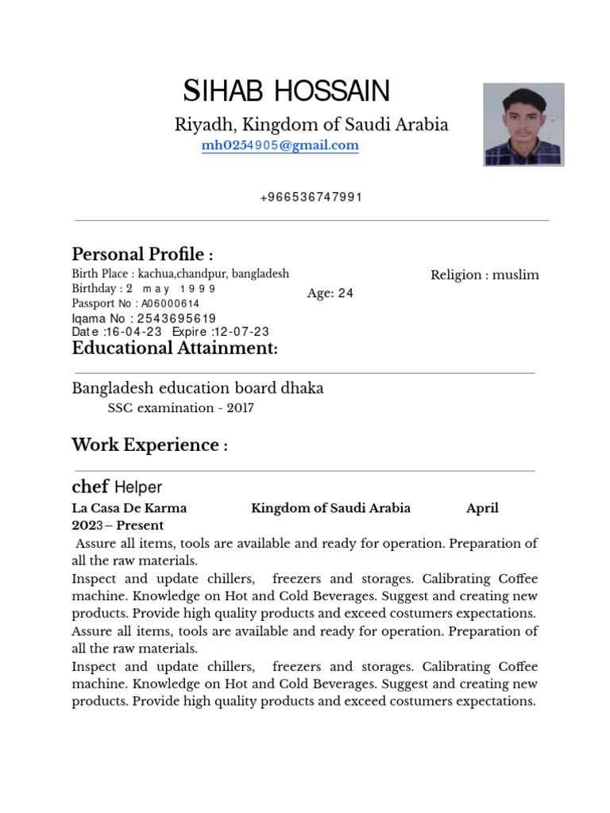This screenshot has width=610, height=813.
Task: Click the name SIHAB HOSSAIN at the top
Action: [287, 91]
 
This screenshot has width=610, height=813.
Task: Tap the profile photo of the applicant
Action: [523, 125]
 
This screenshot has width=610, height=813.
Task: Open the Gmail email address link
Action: [280, 145]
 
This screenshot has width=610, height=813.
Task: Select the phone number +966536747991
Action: [311, 198]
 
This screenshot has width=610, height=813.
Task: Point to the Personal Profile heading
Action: [142, 254]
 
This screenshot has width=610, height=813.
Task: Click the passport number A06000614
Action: [171, 303]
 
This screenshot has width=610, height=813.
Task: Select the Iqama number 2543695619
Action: [176, 318]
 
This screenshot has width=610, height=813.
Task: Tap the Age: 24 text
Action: [330, 293]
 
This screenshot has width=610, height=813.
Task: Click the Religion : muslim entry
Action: [485, 275]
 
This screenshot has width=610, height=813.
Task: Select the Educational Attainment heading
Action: [175, 349]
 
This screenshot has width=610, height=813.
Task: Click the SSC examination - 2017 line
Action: [180, 408]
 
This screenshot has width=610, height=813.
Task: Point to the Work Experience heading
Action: [149, 445]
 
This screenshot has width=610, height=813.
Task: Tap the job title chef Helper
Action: [117, 487]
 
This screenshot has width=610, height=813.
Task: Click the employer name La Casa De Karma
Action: [129, 508]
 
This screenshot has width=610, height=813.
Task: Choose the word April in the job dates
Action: [482, 508]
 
